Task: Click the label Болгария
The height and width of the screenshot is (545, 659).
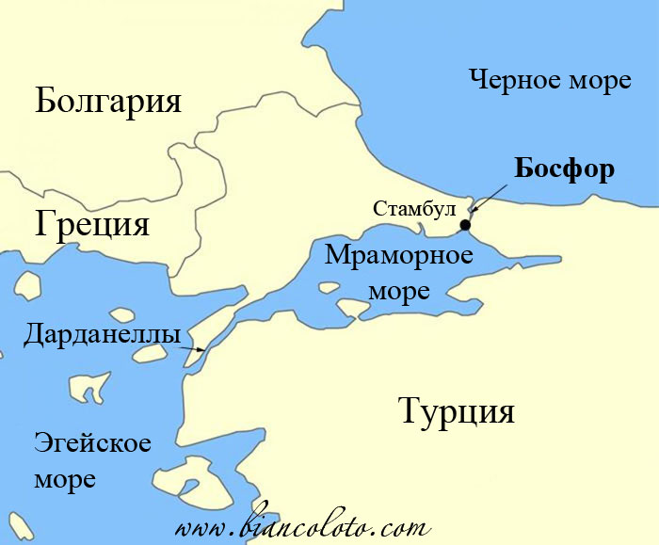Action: tap(107, 101)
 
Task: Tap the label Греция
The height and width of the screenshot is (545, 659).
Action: tap(92, 225)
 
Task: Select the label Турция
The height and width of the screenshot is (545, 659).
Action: tap(457, 411)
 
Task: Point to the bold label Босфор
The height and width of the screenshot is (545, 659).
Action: tap(565, 169)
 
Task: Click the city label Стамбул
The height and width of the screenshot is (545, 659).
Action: tap(413, 208)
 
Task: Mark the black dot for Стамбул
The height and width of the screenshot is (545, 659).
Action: tap(465, 225)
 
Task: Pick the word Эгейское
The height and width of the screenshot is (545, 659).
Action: tap(92, 443)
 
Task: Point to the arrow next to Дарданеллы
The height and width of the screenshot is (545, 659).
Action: tap(194, 348)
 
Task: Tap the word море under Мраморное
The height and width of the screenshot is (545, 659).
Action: tap(398, 289)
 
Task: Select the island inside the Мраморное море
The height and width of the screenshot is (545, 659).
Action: tap(352, 308)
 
